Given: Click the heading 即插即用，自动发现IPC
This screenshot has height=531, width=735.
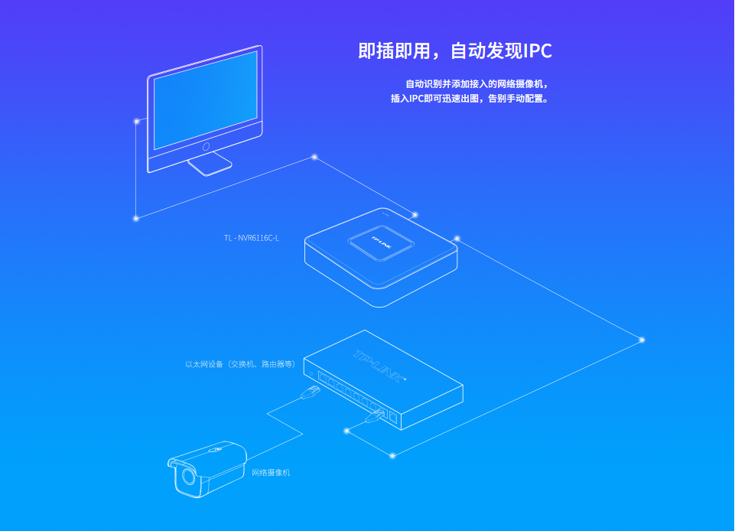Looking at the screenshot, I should tap(454, 51).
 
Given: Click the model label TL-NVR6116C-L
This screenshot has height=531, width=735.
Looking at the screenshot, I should tap(252, 238).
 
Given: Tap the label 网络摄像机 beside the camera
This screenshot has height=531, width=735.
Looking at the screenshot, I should tap(271, 473).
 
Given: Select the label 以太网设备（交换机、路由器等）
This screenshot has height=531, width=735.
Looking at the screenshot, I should tap(240, 364).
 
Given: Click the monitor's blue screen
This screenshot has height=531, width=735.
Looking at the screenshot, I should tap(205, 99).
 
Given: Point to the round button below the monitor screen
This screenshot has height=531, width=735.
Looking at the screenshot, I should tap(206, 145).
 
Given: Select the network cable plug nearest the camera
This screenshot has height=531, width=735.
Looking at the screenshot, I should tap(311, 393).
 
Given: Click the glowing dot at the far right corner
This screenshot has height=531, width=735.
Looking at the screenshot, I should tap(642, 340).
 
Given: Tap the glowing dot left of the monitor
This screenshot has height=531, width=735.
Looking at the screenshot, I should tap(137, 121).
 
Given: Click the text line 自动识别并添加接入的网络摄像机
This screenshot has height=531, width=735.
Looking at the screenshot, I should tap(476, 83).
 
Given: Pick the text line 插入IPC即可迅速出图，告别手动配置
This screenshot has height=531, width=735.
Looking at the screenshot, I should tap(470, 99).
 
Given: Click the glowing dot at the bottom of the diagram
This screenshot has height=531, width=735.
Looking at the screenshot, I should tap(392, 455).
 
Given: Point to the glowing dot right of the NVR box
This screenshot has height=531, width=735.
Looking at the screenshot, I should tap(457, 238).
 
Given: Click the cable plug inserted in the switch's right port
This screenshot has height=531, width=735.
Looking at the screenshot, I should tap(374, 415).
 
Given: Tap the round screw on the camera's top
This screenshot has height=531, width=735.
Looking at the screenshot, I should tap(218, 450).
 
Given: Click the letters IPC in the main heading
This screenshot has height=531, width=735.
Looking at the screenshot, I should tap(537, 51).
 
